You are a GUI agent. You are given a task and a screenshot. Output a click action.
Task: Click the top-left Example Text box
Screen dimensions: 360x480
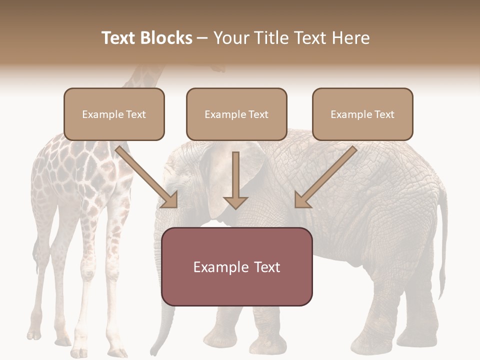point(114,114)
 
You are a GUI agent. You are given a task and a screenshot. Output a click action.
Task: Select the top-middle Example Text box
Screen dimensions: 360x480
point(236,114)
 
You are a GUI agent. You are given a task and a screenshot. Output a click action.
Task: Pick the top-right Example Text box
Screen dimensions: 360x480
point(362,114)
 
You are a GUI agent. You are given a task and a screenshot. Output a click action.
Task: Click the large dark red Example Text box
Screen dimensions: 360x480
point(236,267)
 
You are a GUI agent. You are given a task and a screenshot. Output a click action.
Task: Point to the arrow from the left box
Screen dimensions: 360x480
point(147,177)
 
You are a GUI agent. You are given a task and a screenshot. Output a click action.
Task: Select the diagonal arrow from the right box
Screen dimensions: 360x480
point(325,177)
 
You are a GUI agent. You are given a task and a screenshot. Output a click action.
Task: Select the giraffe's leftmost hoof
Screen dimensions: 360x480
point(34,334)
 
